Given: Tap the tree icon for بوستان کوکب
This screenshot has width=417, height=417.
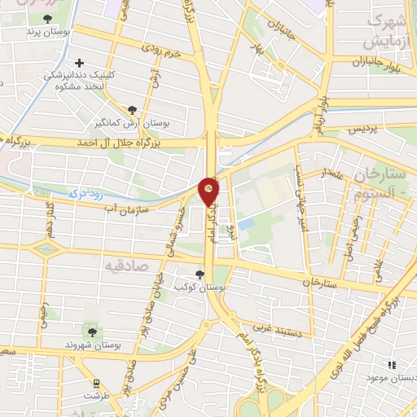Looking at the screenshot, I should click(x=200, y=274).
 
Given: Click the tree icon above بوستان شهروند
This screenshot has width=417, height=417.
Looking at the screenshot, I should click(x=91, y=332).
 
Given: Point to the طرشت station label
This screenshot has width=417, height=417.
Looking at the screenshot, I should click(x=94, y=395).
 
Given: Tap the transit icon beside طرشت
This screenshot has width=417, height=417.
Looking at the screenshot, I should click(x=97, y=382).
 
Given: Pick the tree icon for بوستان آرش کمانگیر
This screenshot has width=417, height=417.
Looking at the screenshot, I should click(x=133, y=109).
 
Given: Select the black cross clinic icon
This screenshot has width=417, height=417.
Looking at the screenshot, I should click(x=79, y=63).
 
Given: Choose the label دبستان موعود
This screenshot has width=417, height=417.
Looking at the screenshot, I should click(x=390, y=378).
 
